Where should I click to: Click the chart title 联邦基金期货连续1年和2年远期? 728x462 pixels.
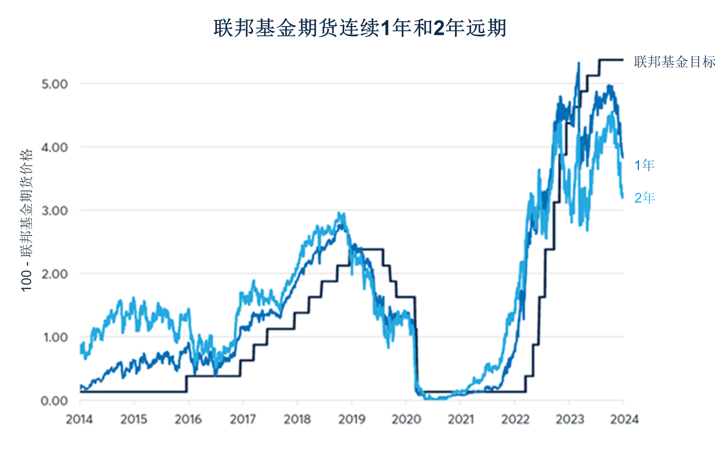[360, 28]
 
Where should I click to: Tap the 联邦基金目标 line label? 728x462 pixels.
[674, 62]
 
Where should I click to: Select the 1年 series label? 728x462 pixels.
[644, 165]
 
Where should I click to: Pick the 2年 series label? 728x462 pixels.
[645, 198]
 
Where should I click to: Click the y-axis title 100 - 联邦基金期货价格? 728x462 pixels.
[27, 220]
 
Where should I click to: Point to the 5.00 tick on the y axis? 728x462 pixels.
[55, 84]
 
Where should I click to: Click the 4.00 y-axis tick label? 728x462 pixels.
[55, 147]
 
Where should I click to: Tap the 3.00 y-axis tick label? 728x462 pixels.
[55, 211]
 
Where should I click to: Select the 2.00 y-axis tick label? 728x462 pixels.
[55, 274]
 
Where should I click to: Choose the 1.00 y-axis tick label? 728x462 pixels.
[55, 337]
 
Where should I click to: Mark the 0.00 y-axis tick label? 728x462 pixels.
[54, 400]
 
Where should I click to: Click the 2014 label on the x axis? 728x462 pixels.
[79, 419]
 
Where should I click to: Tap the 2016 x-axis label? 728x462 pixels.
[188, 419]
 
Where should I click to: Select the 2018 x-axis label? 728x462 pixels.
[297, 419]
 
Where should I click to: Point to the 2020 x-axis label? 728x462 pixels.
[406, 419]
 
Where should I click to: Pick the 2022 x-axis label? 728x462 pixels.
[515, 419]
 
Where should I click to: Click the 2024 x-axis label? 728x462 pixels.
[624, 419]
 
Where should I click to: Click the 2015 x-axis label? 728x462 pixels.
[134, 419]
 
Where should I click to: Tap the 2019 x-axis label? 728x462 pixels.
[352, 419]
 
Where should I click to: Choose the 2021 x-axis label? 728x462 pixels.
[461, 419]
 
